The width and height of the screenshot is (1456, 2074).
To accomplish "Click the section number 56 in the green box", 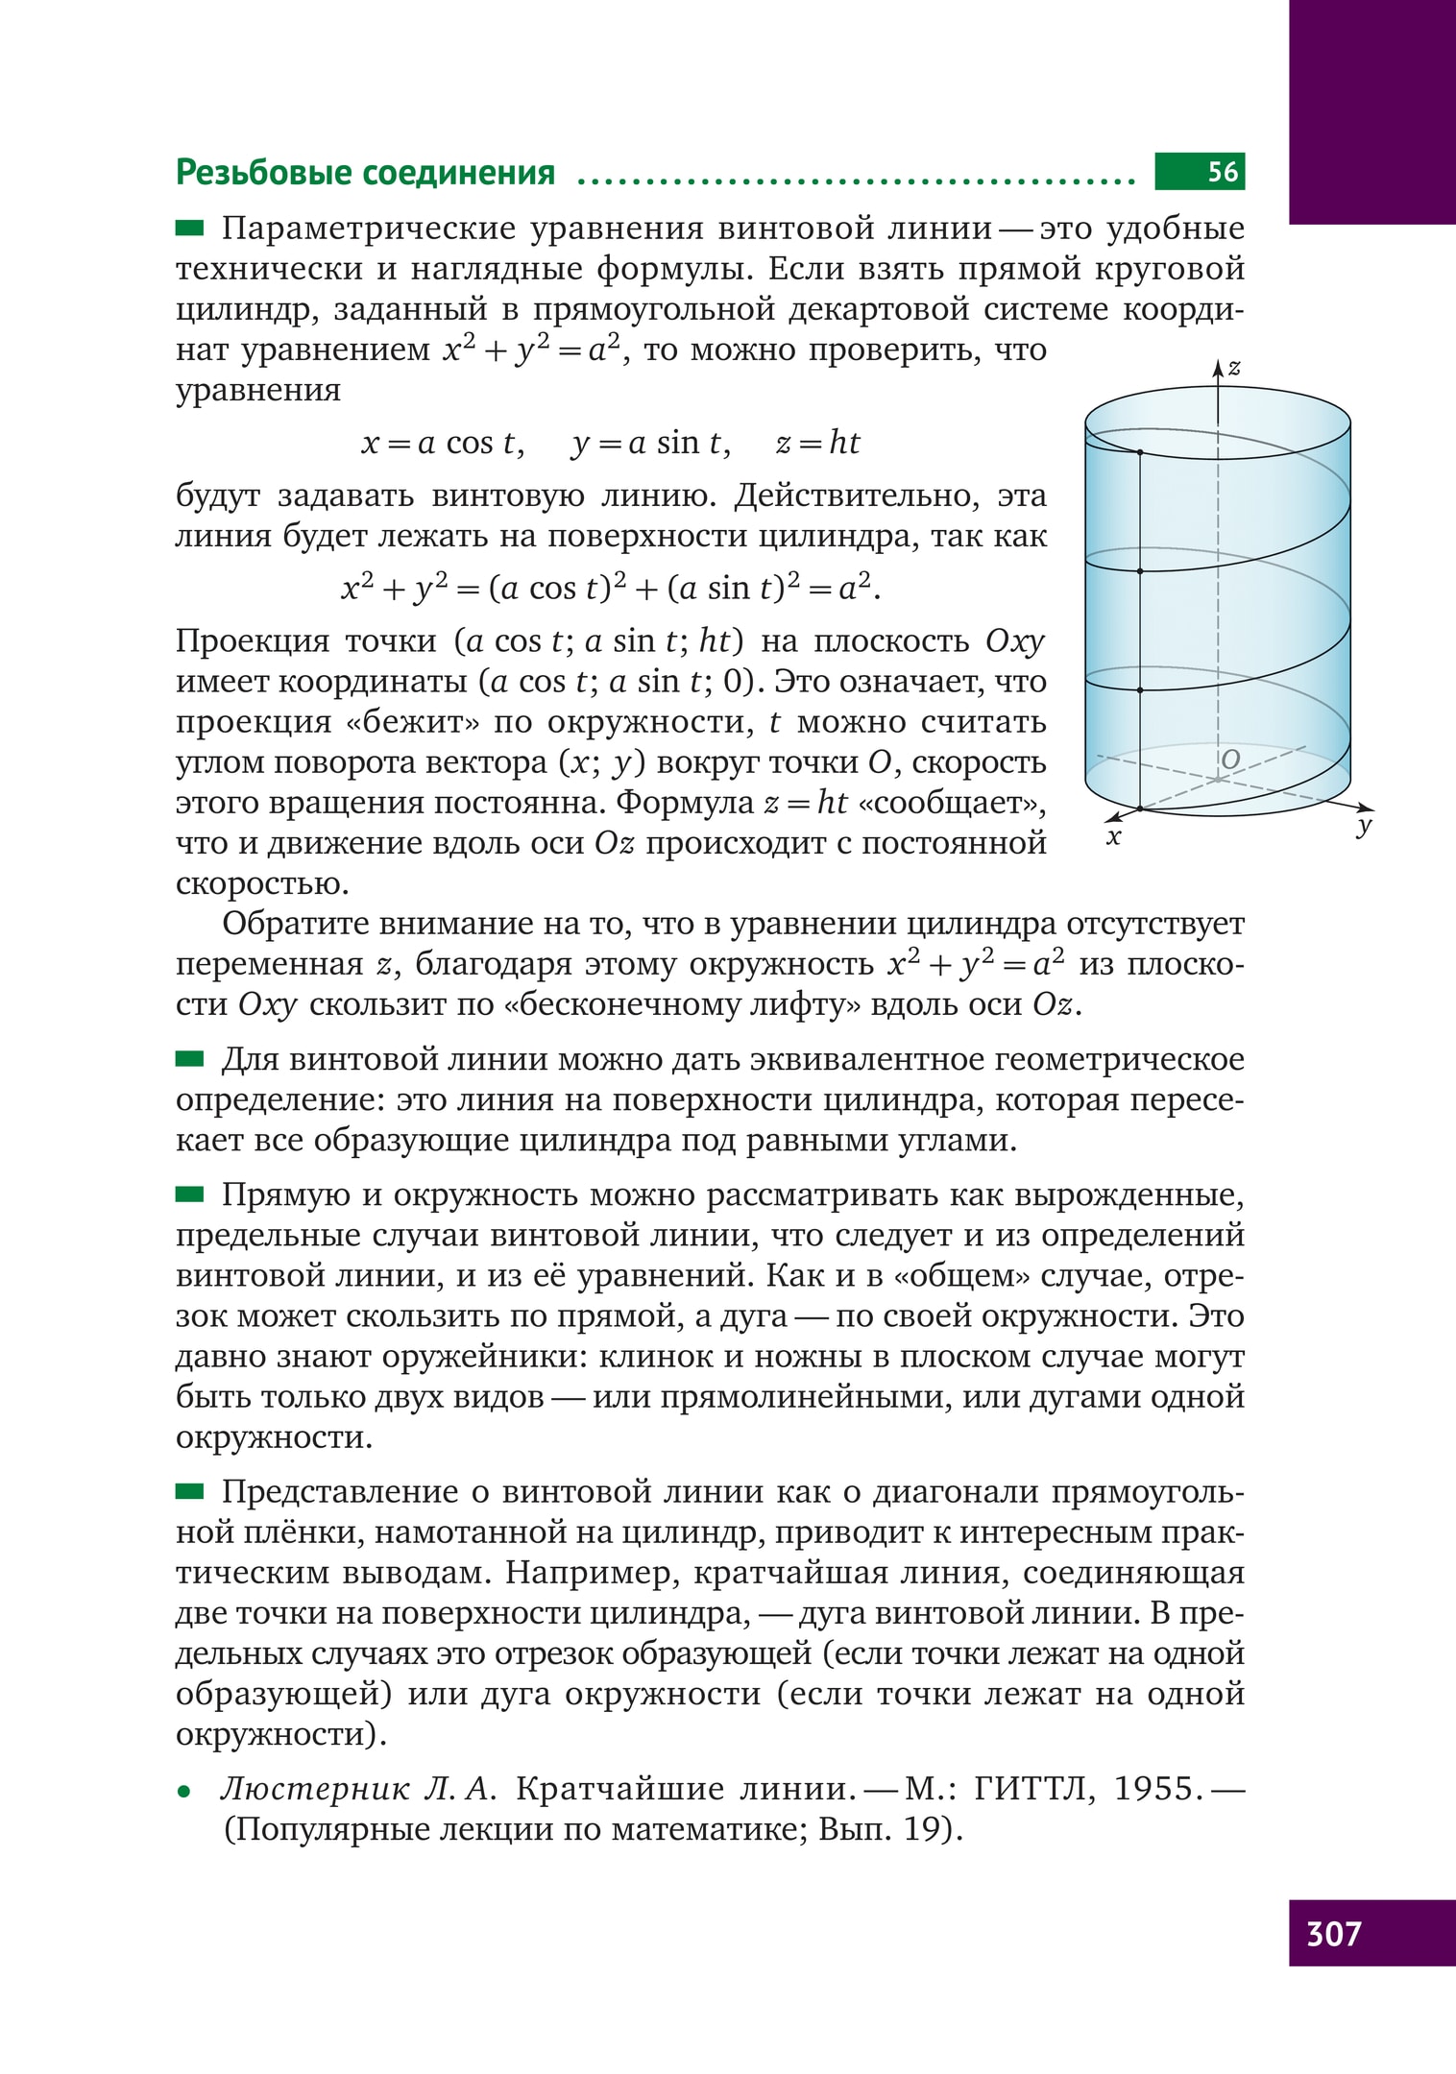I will [1223, 172].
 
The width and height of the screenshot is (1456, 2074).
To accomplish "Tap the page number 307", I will [1333, 1933].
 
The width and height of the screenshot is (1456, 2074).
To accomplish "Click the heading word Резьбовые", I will [261, 173].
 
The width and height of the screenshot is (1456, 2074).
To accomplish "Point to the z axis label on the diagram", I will [1235, 367].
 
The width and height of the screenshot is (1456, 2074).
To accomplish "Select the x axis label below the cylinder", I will [1114, 837].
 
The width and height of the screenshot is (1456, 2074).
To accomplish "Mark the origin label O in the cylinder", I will [1230, 760].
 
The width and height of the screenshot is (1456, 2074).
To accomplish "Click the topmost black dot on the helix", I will [1140, 452].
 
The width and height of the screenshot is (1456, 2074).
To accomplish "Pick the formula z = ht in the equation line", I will [817, 443].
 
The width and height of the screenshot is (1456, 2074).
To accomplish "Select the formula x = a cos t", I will [442, 443].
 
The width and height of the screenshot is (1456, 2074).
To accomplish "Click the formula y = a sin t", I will [650, 443].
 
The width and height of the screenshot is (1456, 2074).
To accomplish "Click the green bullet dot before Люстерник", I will [183, 1792].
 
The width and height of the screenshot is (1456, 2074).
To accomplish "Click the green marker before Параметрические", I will [190, 228].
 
